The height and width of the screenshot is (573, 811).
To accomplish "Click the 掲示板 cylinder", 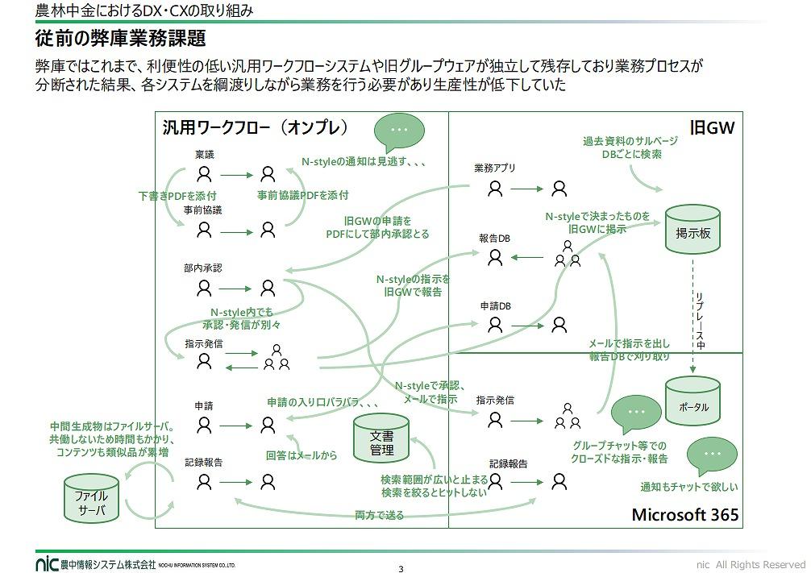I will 692,230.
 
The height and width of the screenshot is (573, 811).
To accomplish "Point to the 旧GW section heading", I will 713,127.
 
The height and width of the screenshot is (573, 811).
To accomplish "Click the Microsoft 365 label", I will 684,515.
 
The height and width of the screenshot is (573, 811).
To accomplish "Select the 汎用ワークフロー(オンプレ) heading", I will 255,127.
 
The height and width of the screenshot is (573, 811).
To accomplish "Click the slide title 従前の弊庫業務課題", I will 120,38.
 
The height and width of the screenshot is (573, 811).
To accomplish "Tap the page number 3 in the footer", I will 401,568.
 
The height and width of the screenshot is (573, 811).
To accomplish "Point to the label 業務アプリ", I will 494,168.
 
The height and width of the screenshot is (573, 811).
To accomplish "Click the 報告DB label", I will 494,239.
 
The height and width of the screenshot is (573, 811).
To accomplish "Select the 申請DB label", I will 496,306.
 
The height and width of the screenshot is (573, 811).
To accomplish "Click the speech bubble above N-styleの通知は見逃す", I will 399,131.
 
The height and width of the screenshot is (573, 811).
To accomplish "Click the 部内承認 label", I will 202,268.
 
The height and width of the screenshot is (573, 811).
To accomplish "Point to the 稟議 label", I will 204,154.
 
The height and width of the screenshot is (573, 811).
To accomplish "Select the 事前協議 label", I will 202,210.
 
